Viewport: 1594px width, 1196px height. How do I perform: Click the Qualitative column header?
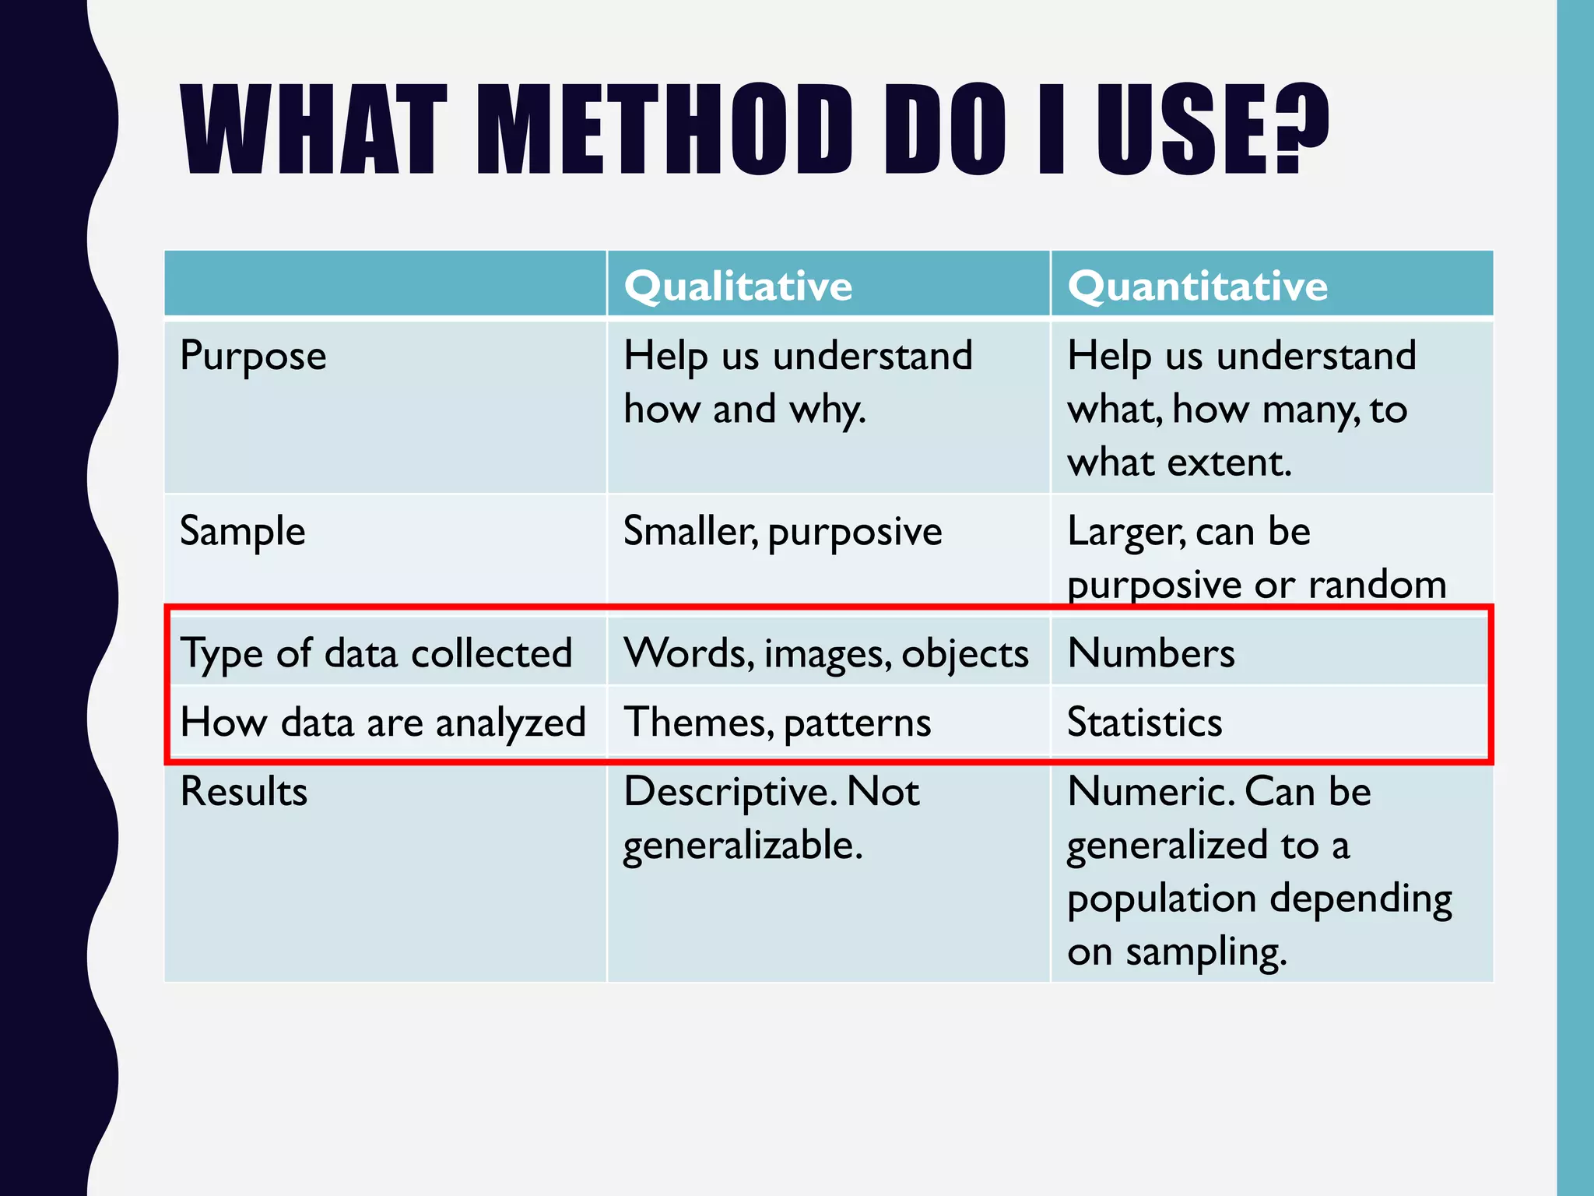coord(738,286)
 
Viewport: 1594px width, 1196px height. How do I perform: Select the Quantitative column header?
coord(1197,286)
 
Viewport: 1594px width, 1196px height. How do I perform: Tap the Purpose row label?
coord(253,356)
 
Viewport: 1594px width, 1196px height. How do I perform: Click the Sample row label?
coord(242,532)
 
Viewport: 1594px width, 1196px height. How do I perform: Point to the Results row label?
coord(244,792)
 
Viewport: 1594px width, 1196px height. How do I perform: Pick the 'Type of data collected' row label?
coord(376,653)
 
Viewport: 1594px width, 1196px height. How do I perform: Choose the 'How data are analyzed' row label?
coord(382,722)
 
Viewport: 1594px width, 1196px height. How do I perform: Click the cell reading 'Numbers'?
coord(1150,653)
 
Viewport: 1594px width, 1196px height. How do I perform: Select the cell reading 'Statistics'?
coord(1144,722)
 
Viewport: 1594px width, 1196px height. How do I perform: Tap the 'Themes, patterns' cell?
coord(777,722)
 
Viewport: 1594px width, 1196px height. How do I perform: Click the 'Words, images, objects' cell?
coord(826,653)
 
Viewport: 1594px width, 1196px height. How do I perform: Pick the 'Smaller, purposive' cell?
coord(782,532)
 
